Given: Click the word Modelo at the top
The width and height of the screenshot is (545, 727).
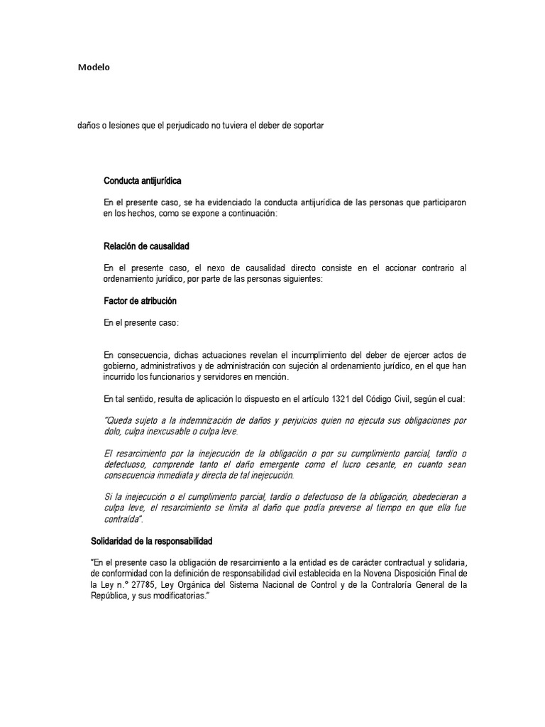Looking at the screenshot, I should tap(94, 68).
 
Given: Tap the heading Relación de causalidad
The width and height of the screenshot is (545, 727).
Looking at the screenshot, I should tap(146, 246).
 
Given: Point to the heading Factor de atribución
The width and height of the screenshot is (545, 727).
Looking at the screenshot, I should tap(140, 301).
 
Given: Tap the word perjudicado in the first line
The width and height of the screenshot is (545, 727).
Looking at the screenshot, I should tap(189, 126).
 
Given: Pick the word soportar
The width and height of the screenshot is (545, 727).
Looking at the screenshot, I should tap(307, 126).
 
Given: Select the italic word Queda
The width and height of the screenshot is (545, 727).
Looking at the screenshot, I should tap(121, 420).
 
